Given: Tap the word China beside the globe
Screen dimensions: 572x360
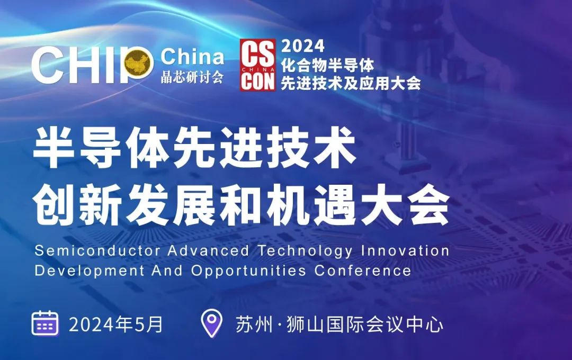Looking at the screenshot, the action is pyautogui.click(x=192, y=57).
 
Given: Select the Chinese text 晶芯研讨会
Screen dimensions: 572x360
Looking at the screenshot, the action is pyautogui.click(x=192, y=77).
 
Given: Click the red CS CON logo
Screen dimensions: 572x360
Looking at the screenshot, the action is pyautogui.click(x=257, y=65).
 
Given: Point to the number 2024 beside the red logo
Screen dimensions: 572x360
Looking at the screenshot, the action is pyautogui.click(x=303, y=46).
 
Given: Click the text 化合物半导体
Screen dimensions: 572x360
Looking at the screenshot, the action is pyautogui.click(x=328, y=65).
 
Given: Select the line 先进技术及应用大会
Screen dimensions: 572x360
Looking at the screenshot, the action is pyautogui.click(x=351, y=84).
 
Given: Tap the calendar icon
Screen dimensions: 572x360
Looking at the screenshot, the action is pyautogui.click(x=45, y=323).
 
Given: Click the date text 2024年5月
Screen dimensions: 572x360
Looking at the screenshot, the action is pyautogui.click(x=115, y=324).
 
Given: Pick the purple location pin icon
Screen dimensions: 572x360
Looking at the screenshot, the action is pyautogui.click(x=211, y=323).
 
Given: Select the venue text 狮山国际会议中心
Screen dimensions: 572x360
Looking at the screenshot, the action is pyautogui.click(x=365, y=324).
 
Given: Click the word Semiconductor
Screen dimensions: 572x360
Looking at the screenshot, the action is pyautogui.click(x=97, y=251).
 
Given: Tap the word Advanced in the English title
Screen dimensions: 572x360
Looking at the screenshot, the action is pyautogui.click(x=208, y=251).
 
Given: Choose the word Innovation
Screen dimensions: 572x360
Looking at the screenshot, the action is pyautogui.click(x=405, y=251).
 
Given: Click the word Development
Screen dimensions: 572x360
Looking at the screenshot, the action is pyautogui.click(x=90, y=272).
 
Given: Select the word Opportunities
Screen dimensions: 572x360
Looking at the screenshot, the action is pyautogui.click(x=248, y=272).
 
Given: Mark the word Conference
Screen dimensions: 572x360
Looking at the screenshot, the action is pyautogui.click(x=363, y=271).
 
